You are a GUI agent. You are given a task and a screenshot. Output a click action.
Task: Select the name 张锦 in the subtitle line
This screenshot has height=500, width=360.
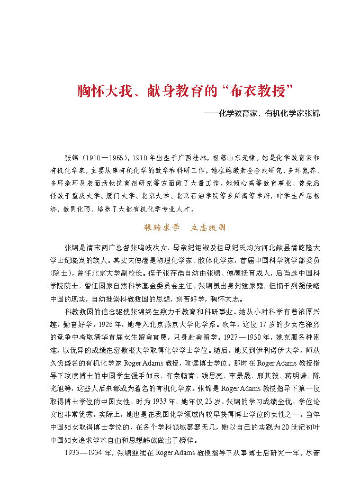point(311,113)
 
